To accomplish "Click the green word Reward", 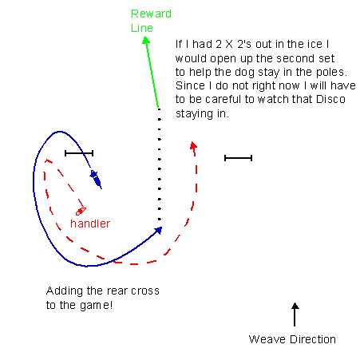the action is click(151, 14).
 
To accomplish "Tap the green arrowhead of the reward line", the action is click(146, 40).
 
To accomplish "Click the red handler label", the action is click(90, 224).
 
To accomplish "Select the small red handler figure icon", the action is click(81, 212).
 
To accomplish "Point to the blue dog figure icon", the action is click(96, 179).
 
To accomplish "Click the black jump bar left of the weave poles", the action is click(79, 153).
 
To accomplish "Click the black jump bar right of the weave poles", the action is click(238, 158).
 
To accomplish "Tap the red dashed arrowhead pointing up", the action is click(194, 145).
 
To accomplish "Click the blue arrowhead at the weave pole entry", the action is click(158, 230).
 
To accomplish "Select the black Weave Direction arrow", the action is click(295, 315).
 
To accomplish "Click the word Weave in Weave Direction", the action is click(267, 339).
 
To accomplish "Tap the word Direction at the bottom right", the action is click(313, 339).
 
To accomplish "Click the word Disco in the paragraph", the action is click(330, 99).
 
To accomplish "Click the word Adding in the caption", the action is click(65, 291).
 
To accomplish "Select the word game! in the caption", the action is click(96, 306).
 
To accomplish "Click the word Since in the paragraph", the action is click(190, 85).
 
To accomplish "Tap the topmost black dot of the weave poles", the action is click(159, 109).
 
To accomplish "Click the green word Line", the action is click(142, 28).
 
